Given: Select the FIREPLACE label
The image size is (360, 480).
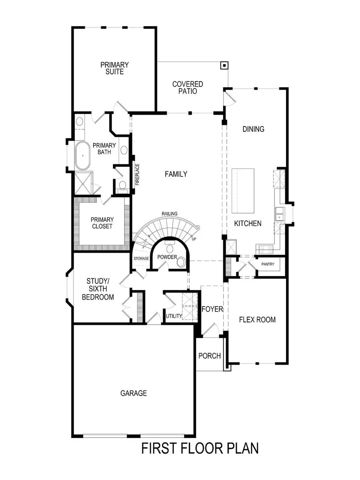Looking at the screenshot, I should [x=137, y=175].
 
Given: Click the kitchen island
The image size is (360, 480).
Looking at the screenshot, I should [x=243, y=191].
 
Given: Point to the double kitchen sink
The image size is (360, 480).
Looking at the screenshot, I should [x=279, y=214].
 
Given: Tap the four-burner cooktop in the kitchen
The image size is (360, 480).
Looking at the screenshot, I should [x=266, y=249].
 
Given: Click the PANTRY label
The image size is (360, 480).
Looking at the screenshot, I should [x=268, y=264].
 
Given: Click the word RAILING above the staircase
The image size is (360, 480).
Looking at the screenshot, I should [x=169, y=214].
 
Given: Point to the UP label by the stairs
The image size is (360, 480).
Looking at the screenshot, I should [x=194, y=239].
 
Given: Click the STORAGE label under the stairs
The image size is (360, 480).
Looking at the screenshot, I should [x=141, y=259].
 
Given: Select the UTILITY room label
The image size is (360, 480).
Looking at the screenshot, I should [x=174, y=316].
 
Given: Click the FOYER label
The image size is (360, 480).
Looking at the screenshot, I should [x=212, y=309].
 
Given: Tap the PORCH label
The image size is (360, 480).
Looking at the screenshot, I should [x=210, y=355].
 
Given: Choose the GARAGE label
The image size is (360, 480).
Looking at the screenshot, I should [x=134, y=393].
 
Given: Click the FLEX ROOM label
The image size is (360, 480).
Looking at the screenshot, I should [x=257, y=320].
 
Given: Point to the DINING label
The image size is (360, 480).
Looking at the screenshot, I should [x=253, y=129].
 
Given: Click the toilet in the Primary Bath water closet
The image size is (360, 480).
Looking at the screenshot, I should [x=122, y=185].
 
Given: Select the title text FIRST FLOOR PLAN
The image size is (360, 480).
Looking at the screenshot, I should [x=200, y=448].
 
